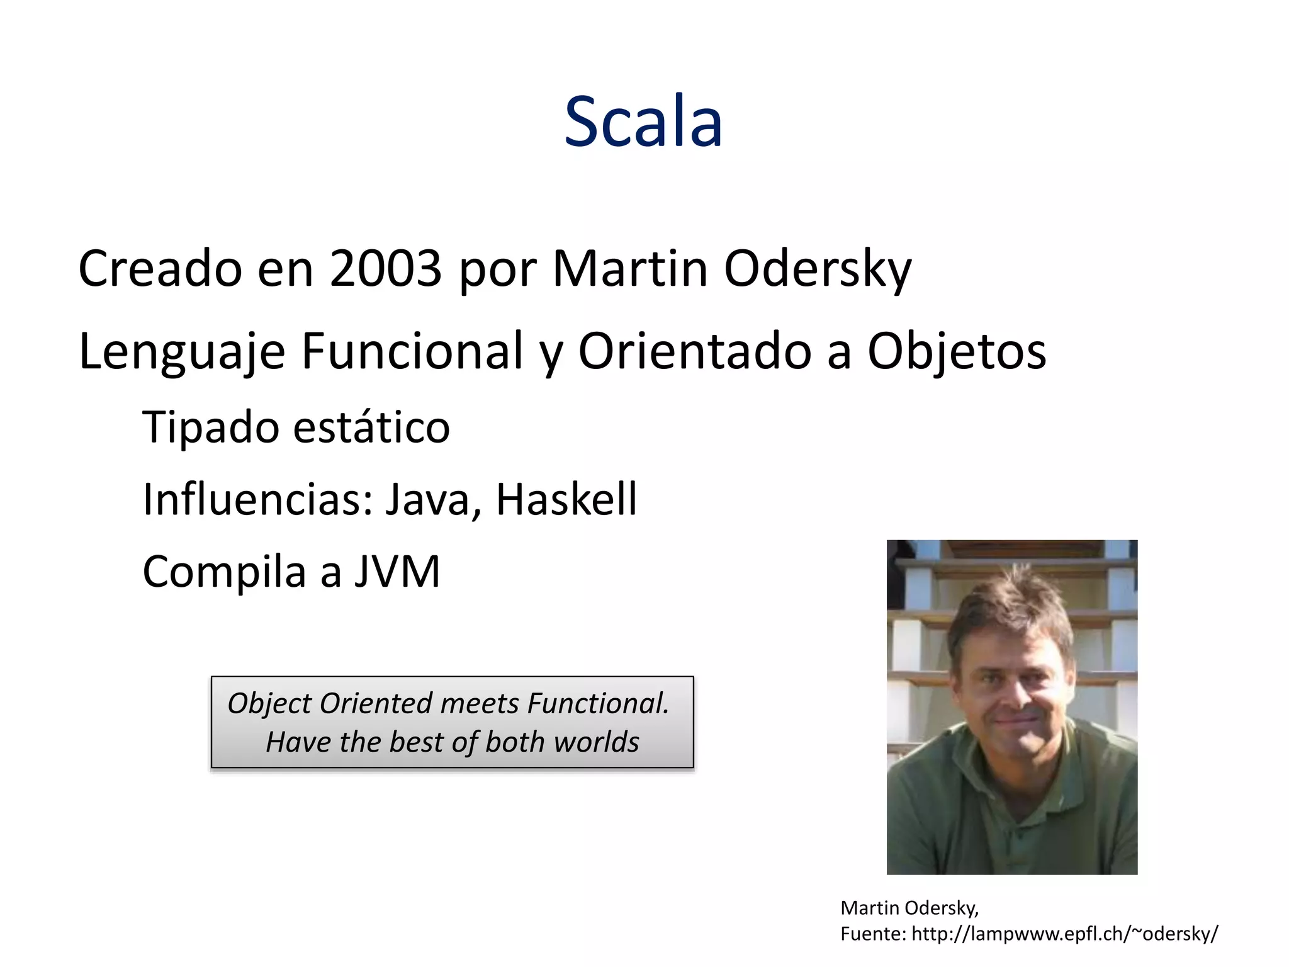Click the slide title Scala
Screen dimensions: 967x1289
[643, 122]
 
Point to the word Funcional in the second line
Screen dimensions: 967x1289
[412, 351]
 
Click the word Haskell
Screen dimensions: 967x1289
[566, 499]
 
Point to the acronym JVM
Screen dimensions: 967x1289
[397, 572]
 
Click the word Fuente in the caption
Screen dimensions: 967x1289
[872, 934]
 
